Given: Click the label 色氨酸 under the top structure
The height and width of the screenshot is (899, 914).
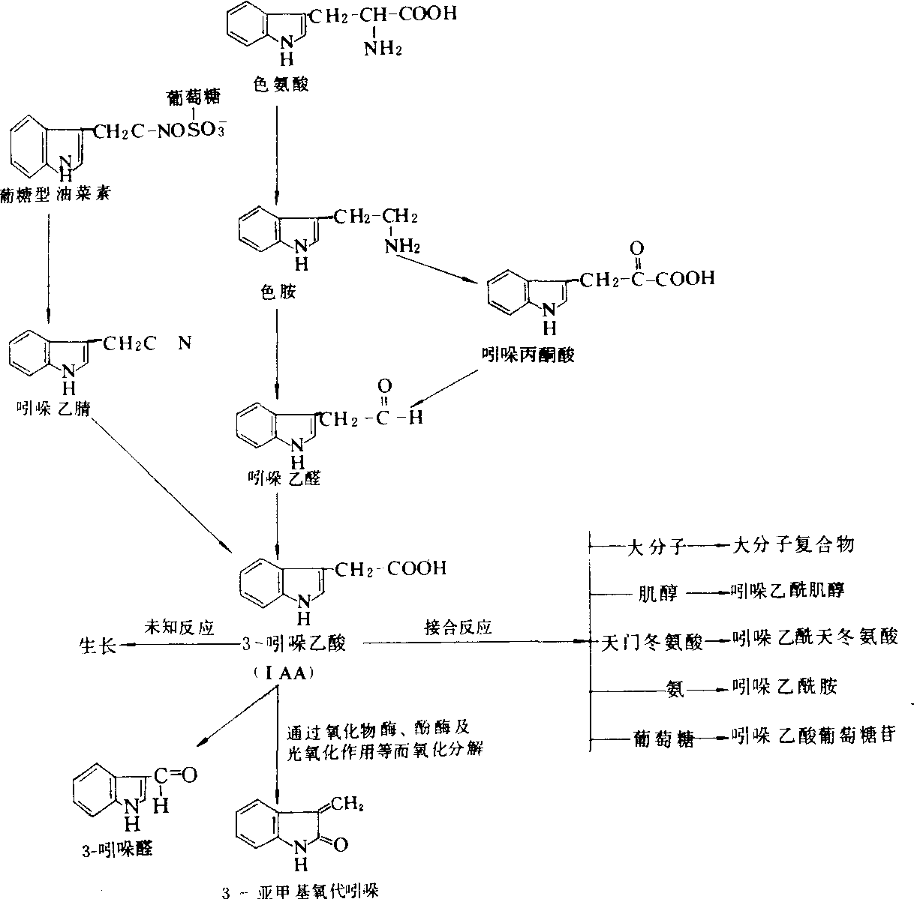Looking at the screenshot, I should pos(281,84).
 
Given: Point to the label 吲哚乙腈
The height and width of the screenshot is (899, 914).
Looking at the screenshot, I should pos(53,407).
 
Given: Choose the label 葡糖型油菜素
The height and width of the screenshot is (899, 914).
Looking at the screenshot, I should pos(56,195).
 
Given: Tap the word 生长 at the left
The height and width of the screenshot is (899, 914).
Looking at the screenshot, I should pos(98,645).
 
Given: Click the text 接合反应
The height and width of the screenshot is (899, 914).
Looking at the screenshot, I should pos(458,628).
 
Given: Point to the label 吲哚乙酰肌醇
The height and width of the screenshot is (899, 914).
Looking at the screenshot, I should pos(788,590).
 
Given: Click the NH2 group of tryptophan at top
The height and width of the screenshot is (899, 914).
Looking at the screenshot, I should pos(384,49).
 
